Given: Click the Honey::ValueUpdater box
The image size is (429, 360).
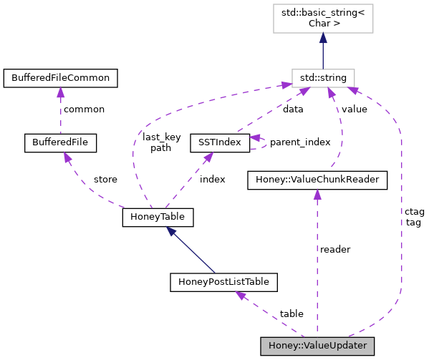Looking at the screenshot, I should pos(317,345).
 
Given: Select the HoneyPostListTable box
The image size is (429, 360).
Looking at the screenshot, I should pos(223,282).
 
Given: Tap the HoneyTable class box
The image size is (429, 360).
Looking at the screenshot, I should pos(158,215).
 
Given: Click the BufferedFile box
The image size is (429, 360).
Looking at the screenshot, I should pos(60,142).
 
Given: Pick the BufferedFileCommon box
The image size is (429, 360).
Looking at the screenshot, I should pos(60,76).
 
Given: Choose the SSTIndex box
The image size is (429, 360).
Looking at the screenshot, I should pos(219,142).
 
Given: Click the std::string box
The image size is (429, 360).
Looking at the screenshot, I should pos(323,77).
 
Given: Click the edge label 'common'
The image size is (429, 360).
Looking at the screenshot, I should pos(83,110).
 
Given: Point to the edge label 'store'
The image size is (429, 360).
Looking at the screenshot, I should pos(105,179).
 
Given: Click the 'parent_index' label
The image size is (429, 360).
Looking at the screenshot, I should pos(299,142).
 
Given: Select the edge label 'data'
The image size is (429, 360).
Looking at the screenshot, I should pos(292,110).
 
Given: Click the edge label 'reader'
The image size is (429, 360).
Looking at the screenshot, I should pos(335,249).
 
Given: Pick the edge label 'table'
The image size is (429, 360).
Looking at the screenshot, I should pos(291,313).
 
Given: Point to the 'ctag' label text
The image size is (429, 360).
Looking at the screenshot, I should pos(414,212).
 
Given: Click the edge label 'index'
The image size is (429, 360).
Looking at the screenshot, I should pos(212,179).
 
